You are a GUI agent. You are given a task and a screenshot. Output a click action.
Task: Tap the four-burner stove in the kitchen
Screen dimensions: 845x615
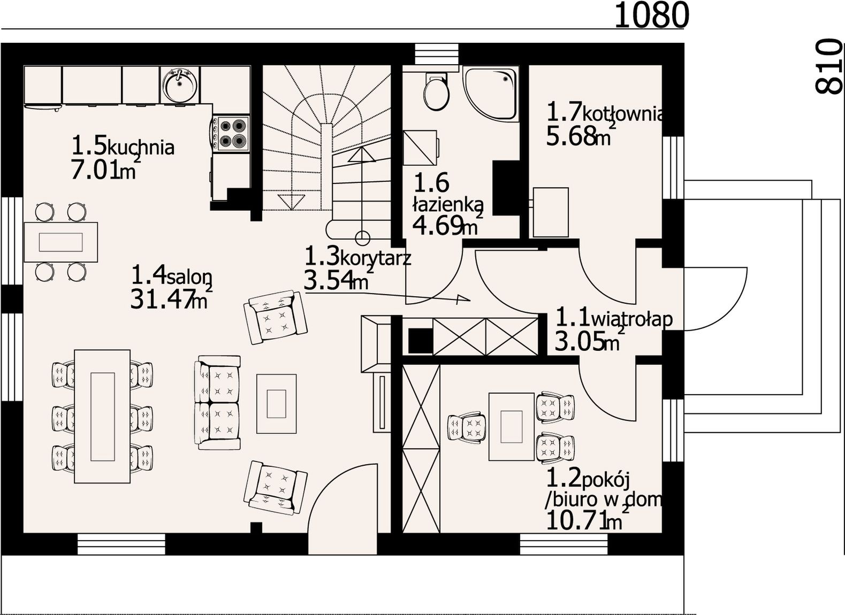point(231,134)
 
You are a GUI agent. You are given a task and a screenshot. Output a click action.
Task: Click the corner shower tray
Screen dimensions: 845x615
point(490,94)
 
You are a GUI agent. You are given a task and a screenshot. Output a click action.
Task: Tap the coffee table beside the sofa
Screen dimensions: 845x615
point(277,404)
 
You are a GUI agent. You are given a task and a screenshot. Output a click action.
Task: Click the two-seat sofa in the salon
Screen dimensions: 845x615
point(218,403)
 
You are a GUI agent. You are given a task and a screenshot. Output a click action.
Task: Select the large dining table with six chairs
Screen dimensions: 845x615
point(102,416)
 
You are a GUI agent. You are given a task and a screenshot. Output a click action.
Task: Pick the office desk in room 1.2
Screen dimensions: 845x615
point(512,427)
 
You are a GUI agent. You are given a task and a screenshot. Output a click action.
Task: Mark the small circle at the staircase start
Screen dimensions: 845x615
point(362,237)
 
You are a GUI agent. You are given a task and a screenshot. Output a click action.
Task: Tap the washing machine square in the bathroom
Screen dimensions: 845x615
point(420,148)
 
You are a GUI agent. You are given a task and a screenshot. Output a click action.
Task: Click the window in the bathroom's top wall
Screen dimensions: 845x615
point(437,55)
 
